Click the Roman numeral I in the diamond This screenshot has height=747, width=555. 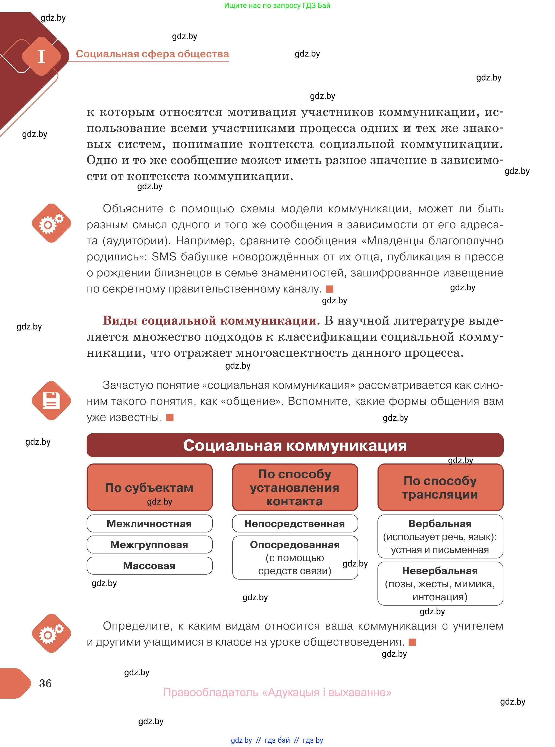coord(41,57)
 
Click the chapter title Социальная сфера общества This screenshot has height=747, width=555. coord(152,54)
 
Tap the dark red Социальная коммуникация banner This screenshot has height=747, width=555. coord(295,445)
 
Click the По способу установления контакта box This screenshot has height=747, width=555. coord(295,487)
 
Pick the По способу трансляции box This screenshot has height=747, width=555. coord(440,487)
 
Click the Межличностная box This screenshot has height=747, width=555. coord(149,524)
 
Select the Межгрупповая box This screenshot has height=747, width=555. coord(149,544)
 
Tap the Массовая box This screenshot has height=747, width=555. coord(149,566)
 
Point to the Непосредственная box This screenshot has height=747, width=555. coord(295,524)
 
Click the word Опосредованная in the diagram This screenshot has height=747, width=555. coord(295,544)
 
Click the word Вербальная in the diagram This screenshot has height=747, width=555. coord(440,524)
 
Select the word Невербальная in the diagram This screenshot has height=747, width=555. coord(440,571)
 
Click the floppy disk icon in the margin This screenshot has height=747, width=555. coord(51,400)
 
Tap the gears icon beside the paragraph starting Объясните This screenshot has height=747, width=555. coord(51,223)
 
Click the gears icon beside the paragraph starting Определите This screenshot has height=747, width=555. coord(51,633)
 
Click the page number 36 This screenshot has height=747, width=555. coord(45,683)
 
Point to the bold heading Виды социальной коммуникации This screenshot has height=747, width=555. coord(211,320)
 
